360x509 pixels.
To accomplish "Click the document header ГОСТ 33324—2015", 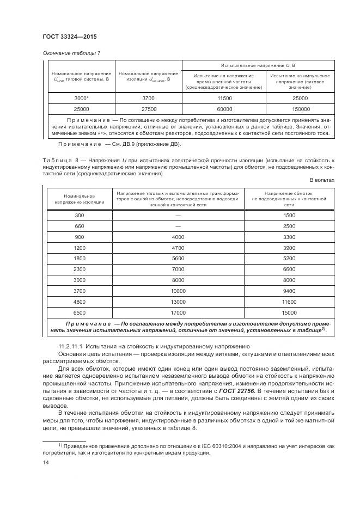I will pyautogui.click(x=65, y=36).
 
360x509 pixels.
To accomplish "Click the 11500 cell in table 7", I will pyautogui.click(x=224, y=98).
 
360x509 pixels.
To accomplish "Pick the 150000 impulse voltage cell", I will pyautogui.click(x=300, y=108).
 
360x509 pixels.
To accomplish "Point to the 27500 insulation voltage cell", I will pyautogui.click(x=148, y=108).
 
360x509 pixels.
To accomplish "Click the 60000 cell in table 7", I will pyautogui.click(x=224, y=108).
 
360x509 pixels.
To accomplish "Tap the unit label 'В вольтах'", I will pyautogui.click(x=322, y=180).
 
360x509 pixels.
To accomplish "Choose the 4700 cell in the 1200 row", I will pyautogui.click(x=178, y=248).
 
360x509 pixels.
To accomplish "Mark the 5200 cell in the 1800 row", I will pyautogui.click(x=289, y=259).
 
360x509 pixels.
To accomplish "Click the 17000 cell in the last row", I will pyautogui.click(x=178, y=312).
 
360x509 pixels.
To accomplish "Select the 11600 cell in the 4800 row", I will pyautogui.click(x=289, y=302).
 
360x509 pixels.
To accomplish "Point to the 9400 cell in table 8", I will pyautogui.click(x=289, y=291).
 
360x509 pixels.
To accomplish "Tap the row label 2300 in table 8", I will pyautogui.click(x=80, y=269).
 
